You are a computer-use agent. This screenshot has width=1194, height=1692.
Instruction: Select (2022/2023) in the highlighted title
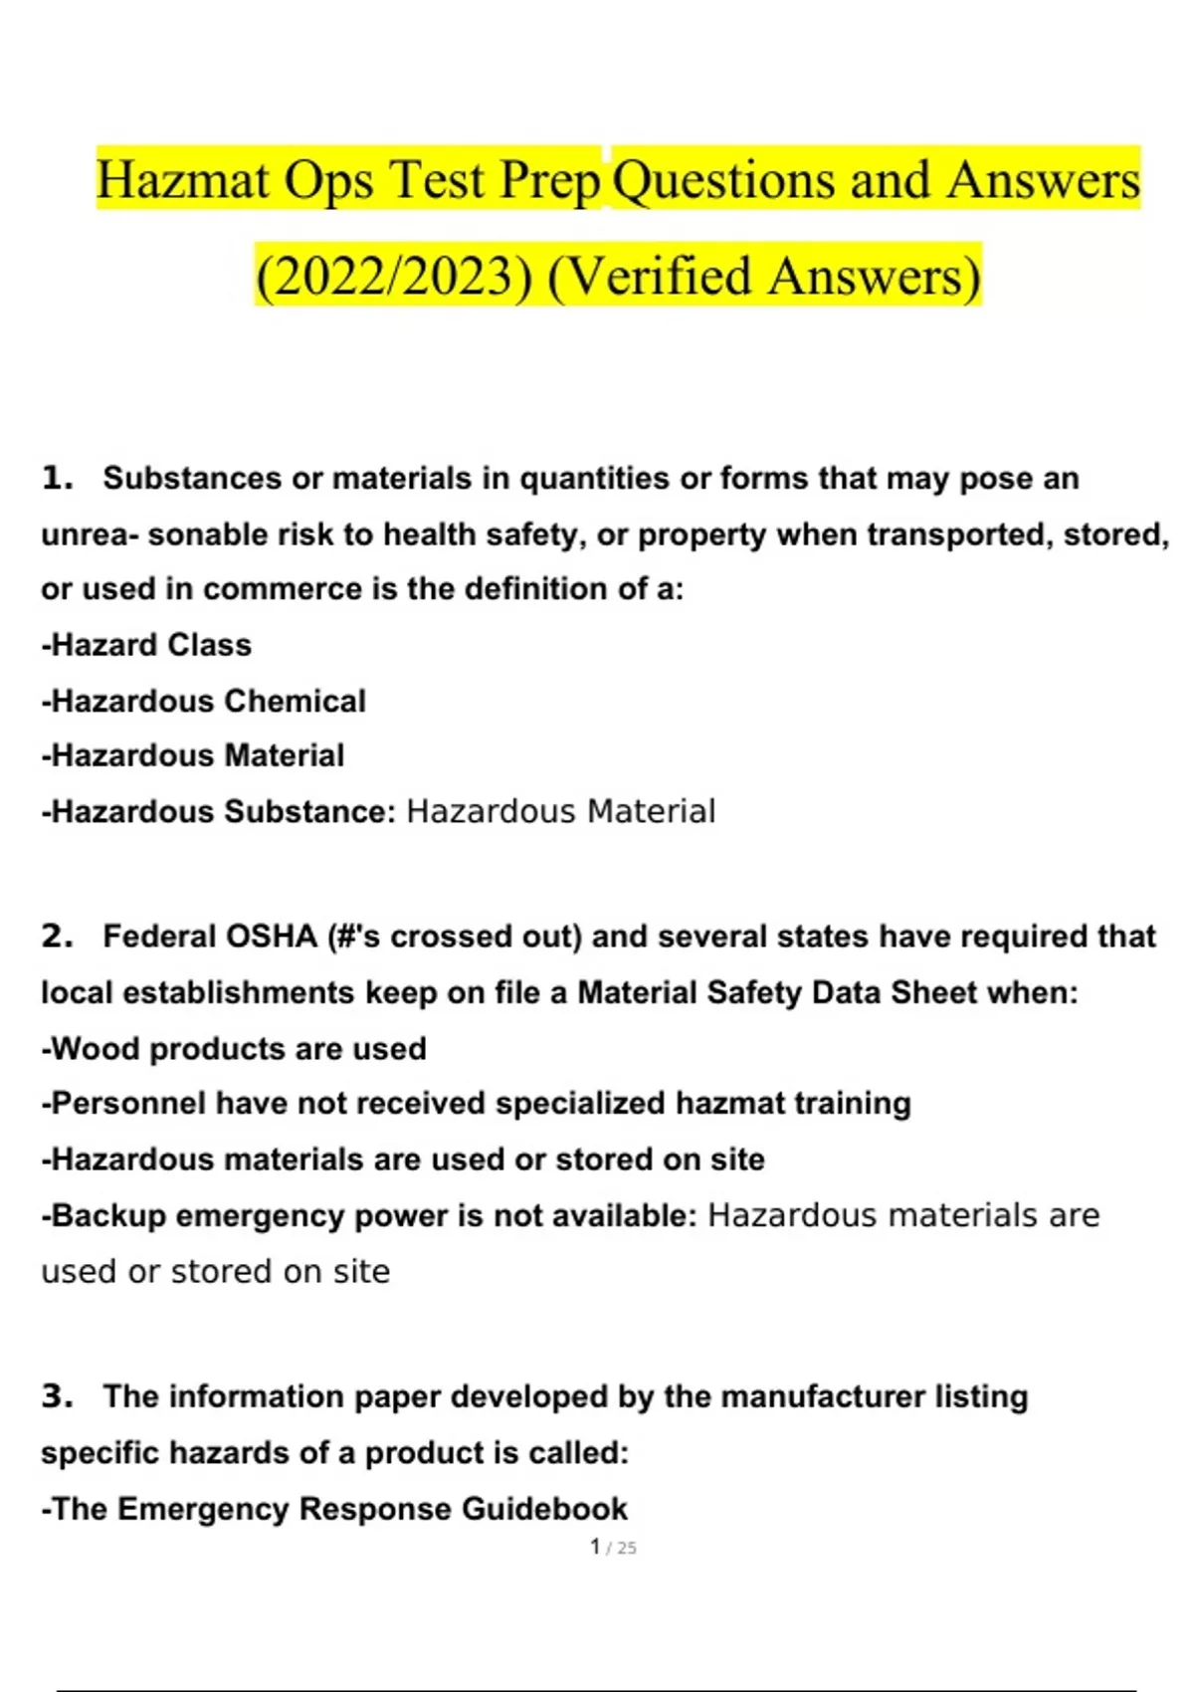coord(394,277)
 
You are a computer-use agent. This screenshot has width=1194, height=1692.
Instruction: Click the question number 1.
coord(57,479)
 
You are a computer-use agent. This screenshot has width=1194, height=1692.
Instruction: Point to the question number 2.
coord(57,937)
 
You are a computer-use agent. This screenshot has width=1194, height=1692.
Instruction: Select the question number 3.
coord(57,1396)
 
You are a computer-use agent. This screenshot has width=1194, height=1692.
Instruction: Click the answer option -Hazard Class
coord(146,645)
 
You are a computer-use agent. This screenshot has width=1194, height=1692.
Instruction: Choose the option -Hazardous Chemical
coord(203,702)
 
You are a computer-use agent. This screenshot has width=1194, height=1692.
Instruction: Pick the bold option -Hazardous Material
coord(192,755)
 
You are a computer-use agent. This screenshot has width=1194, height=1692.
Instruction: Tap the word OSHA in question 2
coord(271,937)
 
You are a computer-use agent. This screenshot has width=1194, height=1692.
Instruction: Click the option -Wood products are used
coord(234,1049)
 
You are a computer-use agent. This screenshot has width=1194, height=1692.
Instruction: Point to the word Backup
coord(108,1216)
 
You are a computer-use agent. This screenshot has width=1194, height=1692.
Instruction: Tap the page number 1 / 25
coord(613,1548)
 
